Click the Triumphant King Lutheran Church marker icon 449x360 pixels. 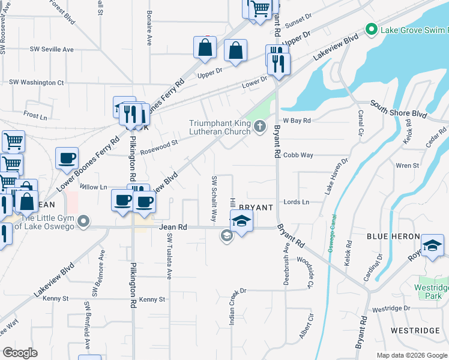point(260,126)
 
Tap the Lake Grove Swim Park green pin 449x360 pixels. point(372,29)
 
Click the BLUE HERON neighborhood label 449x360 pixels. point(393,237)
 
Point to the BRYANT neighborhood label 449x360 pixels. point(256,208)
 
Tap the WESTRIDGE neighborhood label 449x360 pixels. point(415,331)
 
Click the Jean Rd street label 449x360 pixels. point(173,227)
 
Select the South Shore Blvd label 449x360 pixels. point(398,109)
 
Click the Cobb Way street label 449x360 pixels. point(298,155)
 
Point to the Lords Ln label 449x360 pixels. point(296,202)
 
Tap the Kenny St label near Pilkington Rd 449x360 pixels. point(152,299)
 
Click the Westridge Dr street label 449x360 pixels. point(390,309)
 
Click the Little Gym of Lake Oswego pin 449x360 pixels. point(84,223)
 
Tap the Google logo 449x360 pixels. point(20,353)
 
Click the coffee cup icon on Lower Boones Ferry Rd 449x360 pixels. point(67,159)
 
